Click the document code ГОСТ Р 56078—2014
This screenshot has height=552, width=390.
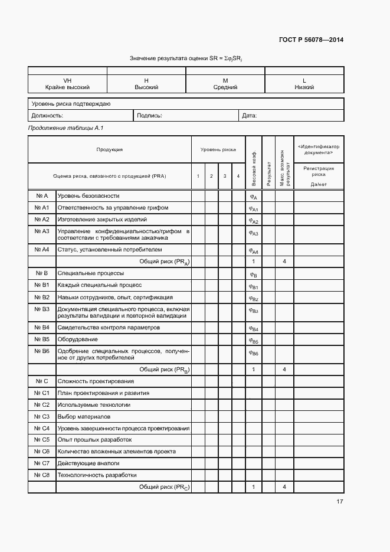[311, 40]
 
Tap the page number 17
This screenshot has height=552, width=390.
[339, 502]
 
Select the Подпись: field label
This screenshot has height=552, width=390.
[149, 116]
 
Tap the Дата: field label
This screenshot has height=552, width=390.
[250, 116]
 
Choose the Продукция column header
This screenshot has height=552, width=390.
[109, 149]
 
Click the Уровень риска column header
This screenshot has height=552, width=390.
[218, 149]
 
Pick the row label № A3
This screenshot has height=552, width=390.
[41, 231]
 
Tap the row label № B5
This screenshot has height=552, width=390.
[41, 339]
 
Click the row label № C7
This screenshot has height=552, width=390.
[41, 463]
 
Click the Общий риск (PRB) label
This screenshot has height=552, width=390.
[163, 369]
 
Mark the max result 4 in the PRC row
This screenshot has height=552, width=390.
[284, 486]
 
